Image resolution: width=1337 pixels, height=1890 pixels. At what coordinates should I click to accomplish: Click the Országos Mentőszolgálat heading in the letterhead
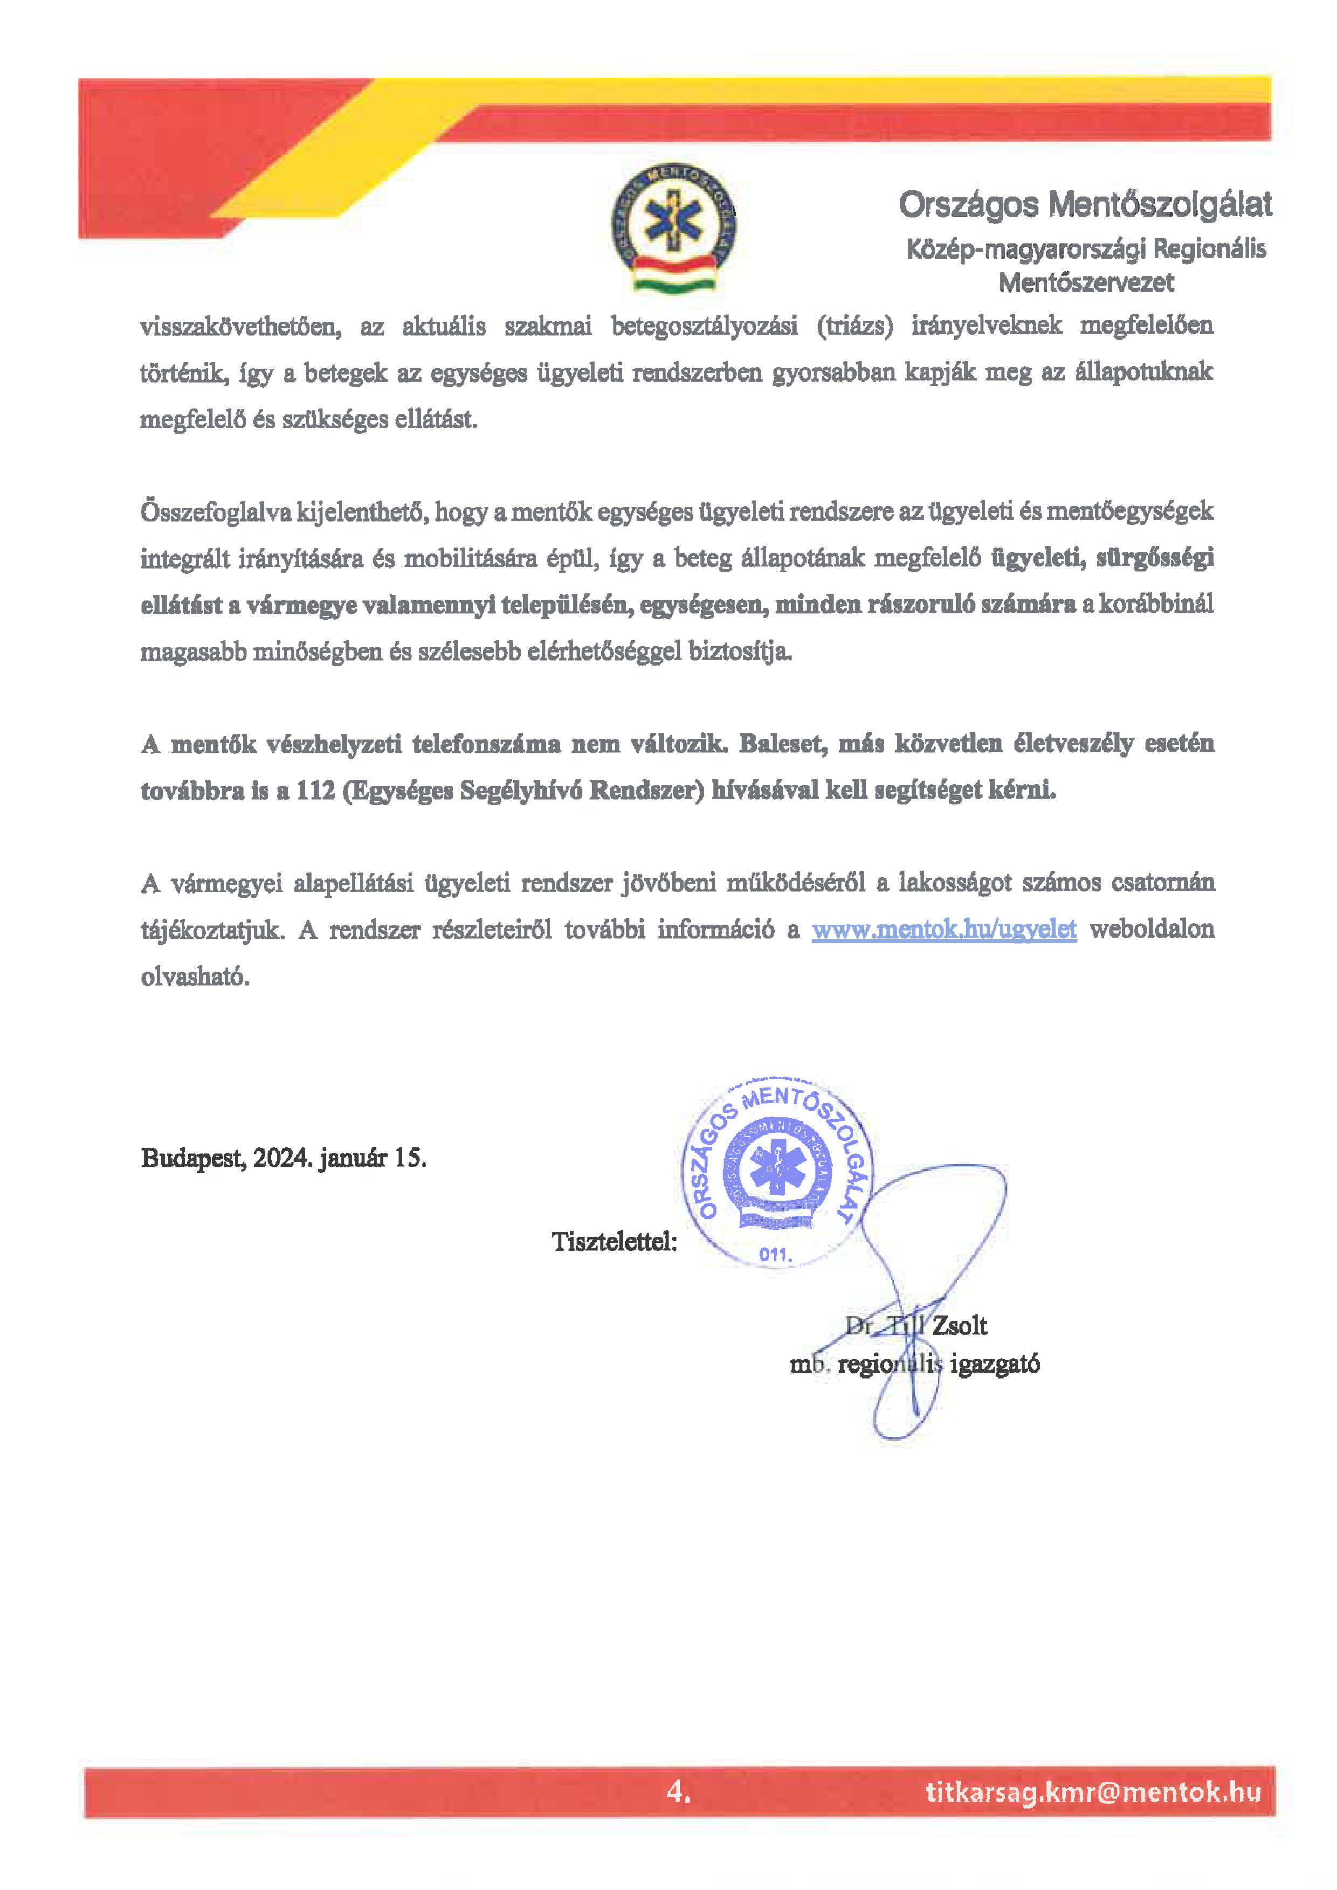click(1085, 204)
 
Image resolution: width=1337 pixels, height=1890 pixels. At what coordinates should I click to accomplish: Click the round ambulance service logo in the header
click(673, 228)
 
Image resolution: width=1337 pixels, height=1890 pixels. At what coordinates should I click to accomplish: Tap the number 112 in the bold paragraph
click(315, 790)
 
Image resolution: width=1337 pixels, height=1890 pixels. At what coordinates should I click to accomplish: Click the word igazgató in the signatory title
click(995, 1364)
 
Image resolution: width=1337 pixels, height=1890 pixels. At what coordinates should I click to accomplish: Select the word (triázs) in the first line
click(854, 326)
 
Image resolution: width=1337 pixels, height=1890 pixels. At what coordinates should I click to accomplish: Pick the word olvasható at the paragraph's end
click(195, 977)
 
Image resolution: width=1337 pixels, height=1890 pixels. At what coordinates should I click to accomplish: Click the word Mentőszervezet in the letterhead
click(1086, 282)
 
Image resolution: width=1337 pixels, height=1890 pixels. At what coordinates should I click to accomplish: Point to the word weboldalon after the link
click(1151, 929)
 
